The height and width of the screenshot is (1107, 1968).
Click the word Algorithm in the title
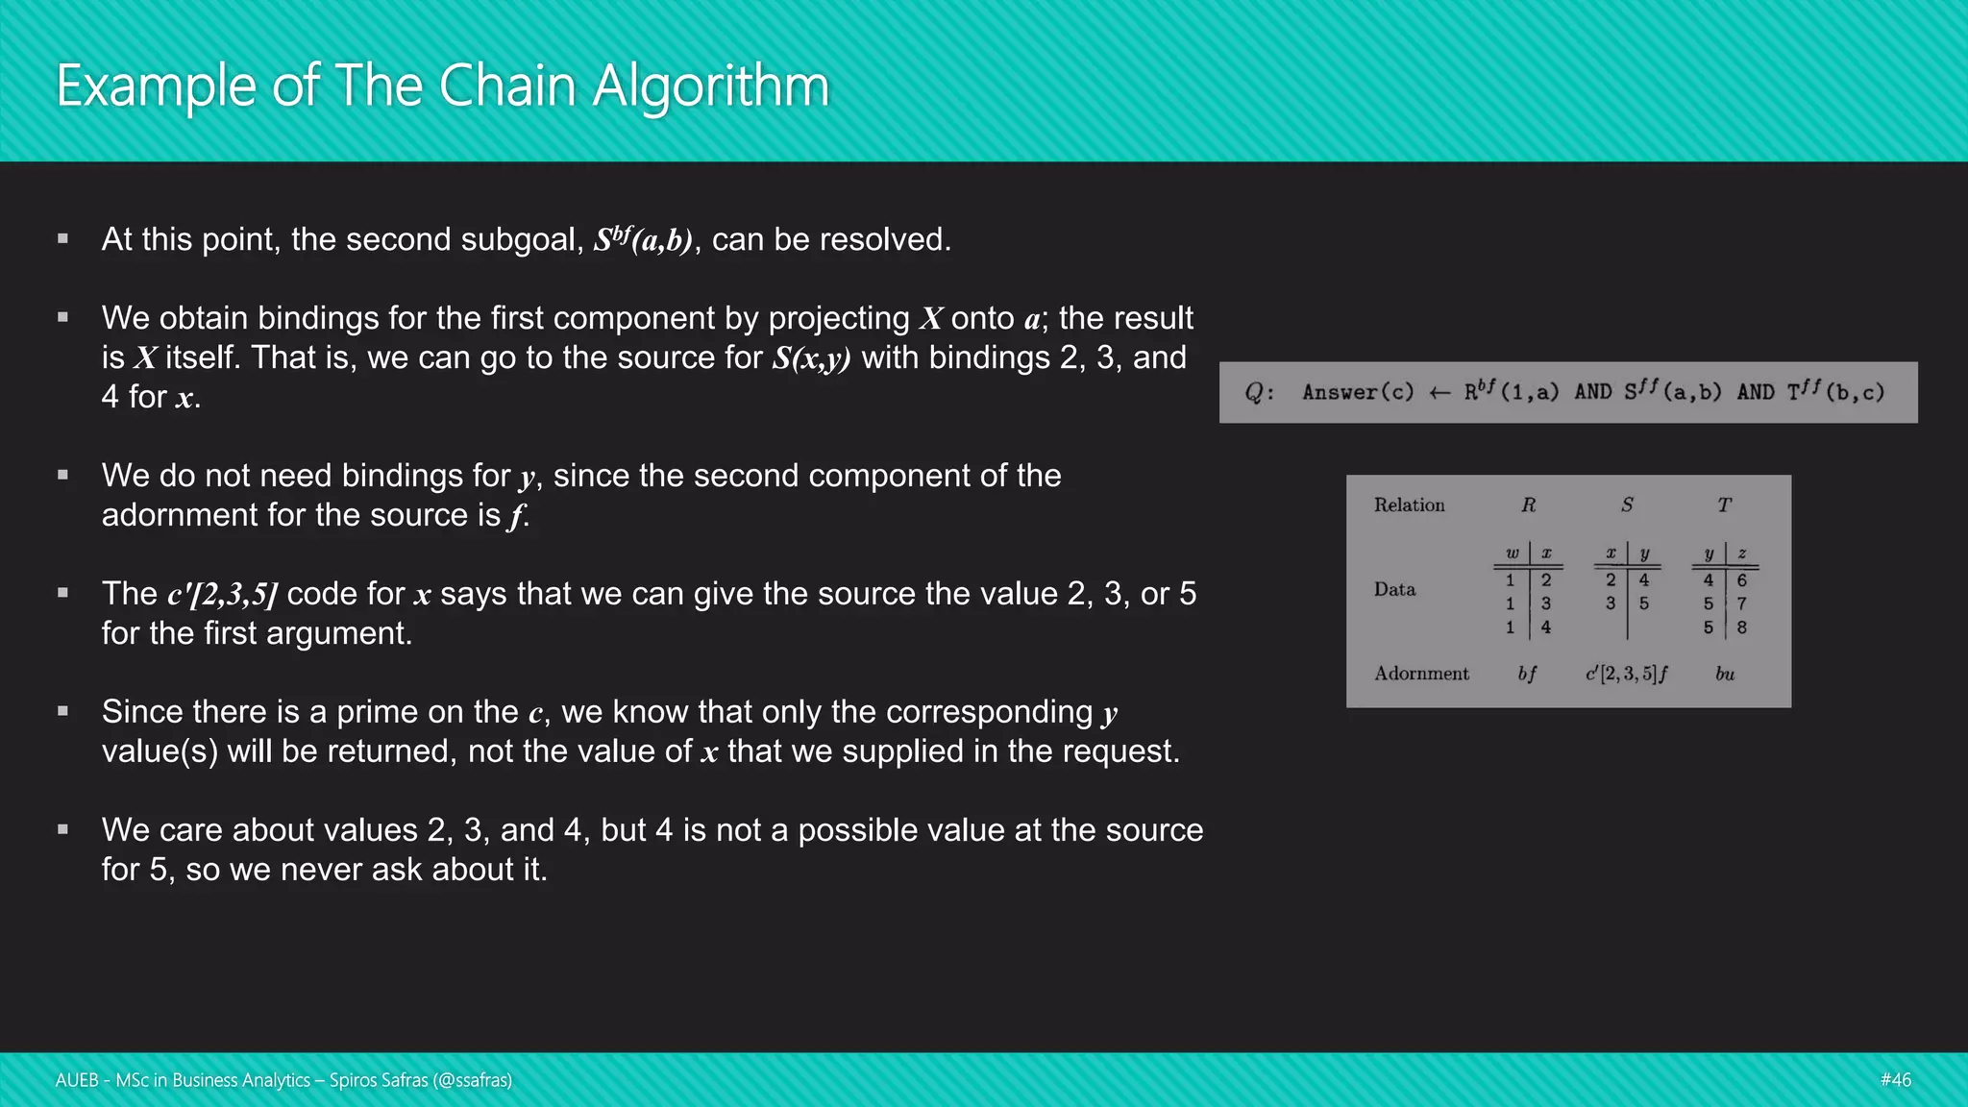(710, 87)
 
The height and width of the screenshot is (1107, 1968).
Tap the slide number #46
(1895, 1080)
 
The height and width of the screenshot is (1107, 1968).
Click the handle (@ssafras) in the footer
(472, 1080)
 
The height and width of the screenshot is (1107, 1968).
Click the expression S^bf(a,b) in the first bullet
(643, 240)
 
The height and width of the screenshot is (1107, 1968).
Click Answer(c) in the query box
(1358, 392)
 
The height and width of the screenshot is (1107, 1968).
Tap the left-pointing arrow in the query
(1439, 392)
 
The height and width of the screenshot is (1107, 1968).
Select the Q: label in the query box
(1259, 392)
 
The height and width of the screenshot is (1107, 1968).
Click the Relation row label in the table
(1409, 505)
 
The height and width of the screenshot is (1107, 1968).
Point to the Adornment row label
(1421, 674)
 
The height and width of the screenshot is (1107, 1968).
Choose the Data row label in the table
(1394, 589)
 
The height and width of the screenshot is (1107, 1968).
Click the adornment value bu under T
(1725, 674)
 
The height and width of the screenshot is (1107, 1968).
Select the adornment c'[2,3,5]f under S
(1626, 674)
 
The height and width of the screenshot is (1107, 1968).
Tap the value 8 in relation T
(1741, 627)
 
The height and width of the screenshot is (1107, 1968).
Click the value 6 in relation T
(1741, 580)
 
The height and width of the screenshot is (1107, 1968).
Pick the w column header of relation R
(1512, 553)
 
